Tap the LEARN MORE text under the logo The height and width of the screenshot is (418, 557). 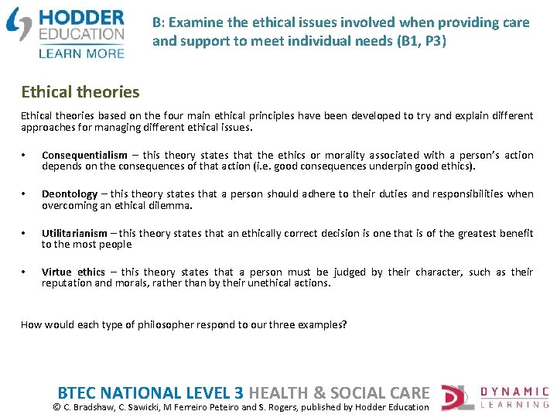coord(80,53)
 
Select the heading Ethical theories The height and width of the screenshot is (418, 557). coord(80,92)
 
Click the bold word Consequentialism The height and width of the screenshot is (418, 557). coord(84,156)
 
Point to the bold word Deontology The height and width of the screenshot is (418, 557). coord(70,194)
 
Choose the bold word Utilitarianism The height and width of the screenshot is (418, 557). coord(75,233)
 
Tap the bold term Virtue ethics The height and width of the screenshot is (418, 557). coord(73,272)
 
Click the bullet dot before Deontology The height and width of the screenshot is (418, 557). coord(25,194)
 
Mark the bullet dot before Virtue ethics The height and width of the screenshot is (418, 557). coord(25,272)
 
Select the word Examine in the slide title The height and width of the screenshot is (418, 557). coord(192,22)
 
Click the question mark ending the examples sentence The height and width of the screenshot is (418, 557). coord(345,325)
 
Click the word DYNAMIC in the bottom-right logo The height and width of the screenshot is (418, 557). coord(514,392)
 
